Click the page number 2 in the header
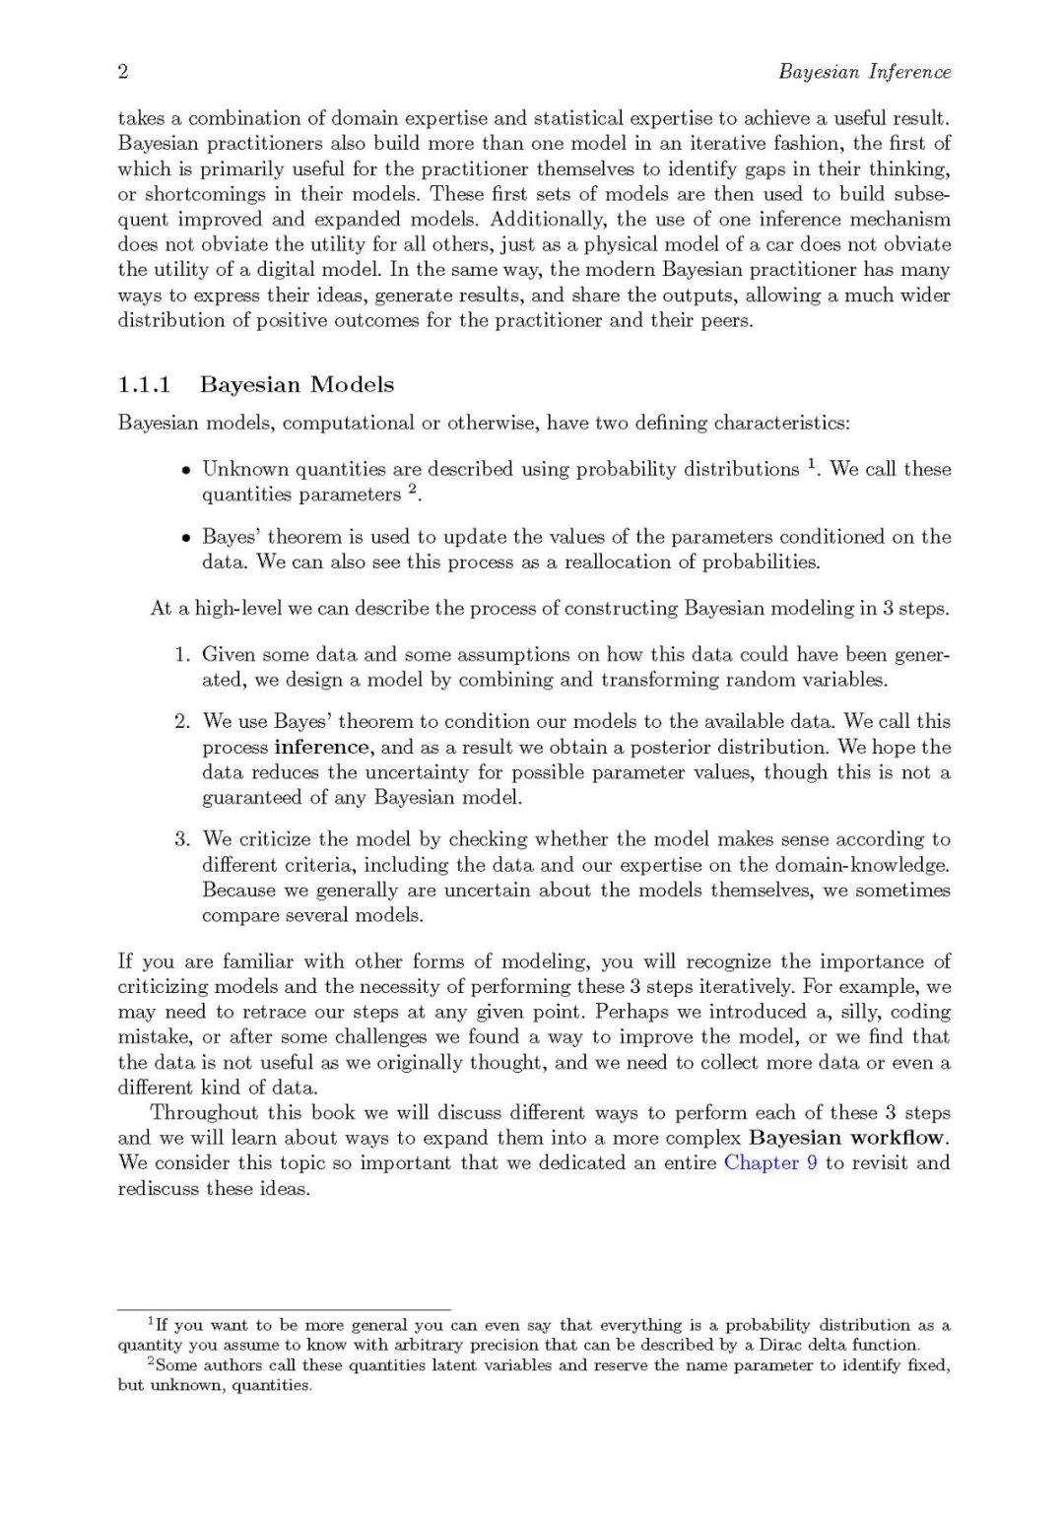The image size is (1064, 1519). coord(123,72)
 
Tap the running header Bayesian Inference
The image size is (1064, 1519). coord(864,72)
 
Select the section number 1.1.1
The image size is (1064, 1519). coord(145,385)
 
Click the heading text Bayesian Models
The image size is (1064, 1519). coord(297,385)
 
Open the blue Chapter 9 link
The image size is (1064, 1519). coord(769,1163)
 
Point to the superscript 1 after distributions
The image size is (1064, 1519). coord(812,464)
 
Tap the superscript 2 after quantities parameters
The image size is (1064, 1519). coord(413,490)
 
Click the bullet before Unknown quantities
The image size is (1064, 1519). coord(185,470)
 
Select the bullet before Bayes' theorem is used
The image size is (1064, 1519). coord(185,538)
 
